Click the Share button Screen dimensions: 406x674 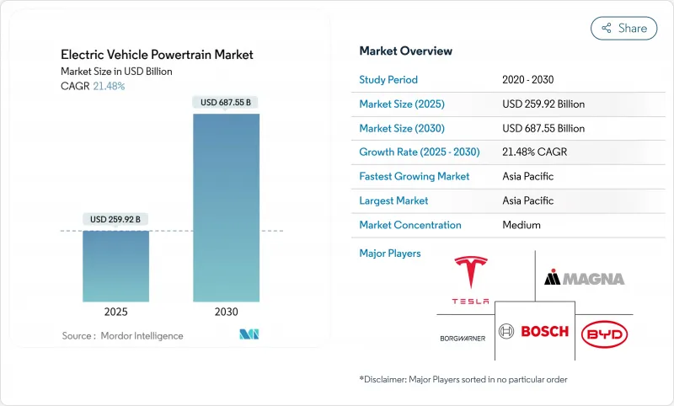click(x=623, y=28)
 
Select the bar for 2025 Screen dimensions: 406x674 click(x=116, y=265)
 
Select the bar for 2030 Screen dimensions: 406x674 click(x=226, y=207)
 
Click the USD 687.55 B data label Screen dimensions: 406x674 click(x=226, y=102)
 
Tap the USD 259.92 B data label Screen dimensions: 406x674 click(x=116, y=220)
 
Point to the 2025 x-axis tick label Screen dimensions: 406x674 click(x=116, y=312)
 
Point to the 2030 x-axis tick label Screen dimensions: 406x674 click(x=226, y=312)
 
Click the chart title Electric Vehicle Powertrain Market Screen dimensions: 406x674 click(x=157, y=55)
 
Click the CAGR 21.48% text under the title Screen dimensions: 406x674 click(x=93, y=86)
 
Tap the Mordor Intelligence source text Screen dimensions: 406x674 click(x=122, y=335)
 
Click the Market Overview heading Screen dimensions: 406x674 click(x=405, y=51)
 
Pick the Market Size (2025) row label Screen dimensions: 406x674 click(x=401, y=104)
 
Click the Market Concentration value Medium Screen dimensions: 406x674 click(x=521, y=225)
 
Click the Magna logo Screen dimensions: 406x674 click(x=584, y=278)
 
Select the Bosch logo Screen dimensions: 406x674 click(x=533, y=331)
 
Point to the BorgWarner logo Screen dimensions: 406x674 click(x=463, y=338)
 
